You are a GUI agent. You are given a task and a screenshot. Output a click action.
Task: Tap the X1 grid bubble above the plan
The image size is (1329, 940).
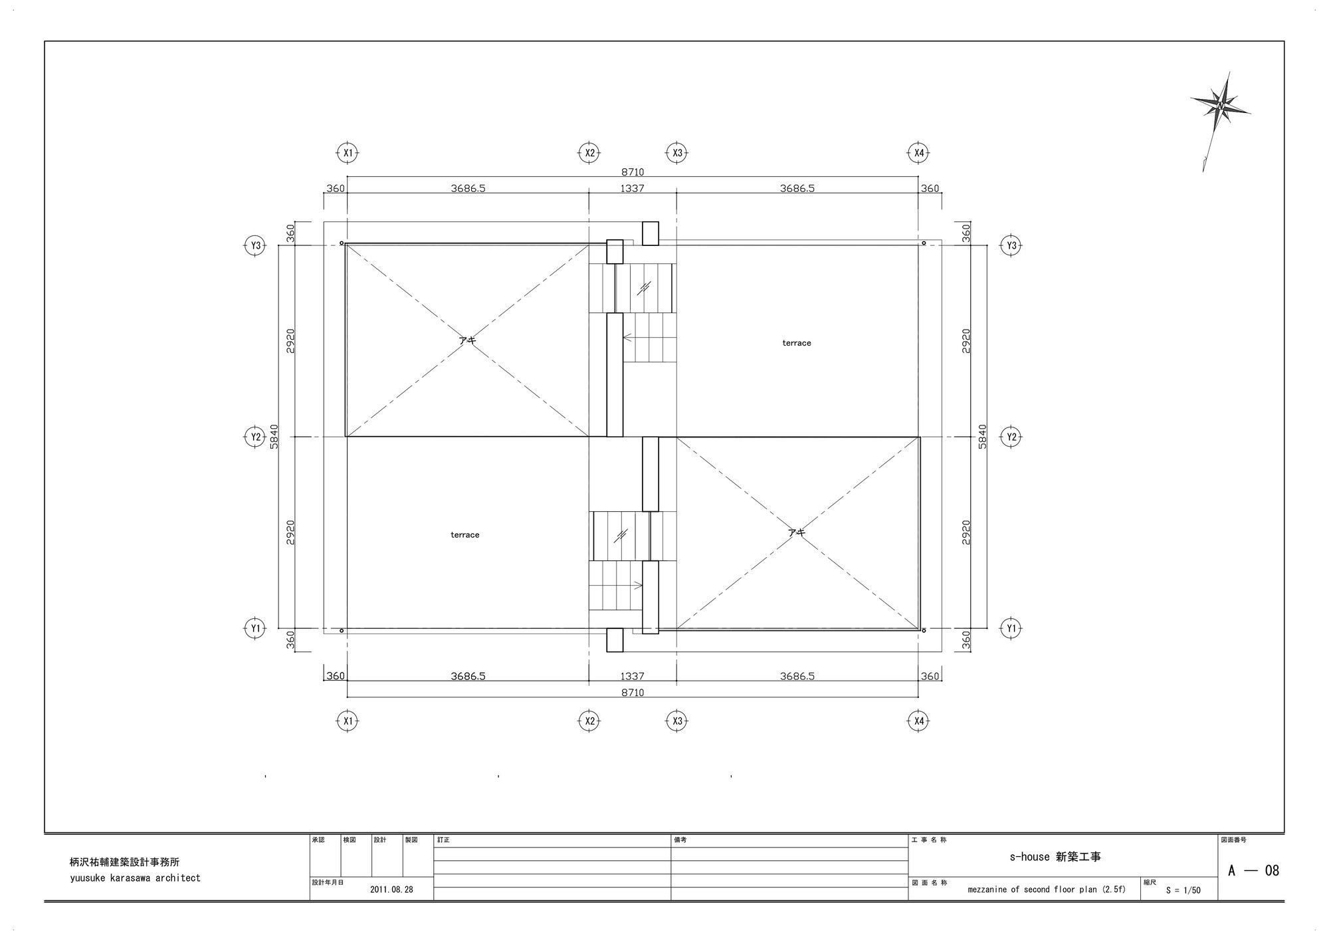pyautogui.click(x=347, y=153)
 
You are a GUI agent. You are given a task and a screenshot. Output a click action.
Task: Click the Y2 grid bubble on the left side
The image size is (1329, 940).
pyautogui.click(x=255, y=437)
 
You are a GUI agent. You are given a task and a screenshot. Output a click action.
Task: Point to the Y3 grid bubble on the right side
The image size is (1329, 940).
pyautogui.click(x=1011, y=245)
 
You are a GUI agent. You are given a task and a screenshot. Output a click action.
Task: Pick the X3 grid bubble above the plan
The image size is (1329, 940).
pyautogui.click(x=676, y=153)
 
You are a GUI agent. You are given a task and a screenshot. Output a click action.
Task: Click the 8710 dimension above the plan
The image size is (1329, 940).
pyautogui.click(x=632, y=172)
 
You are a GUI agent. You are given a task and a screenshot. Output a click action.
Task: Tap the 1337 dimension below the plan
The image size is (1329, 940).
pyautogui.click(x=632, y=676)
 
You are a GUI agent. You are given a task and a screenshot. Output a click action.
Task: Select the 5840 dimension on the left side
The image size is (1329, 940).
pyautogui.click(x=274, y=437)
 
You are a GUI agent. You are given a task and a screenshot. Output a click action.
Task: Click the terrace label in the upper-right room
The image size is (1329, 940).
pyautogui.click(x=797, y=343)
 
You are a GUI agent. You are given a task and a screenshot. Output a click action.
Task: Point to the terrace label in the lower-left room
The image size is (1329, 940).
pyautogui.click(x=465, y=534)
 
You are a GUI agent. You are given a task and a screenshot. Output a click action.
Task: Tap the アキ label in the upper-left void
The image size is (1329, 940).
pyautogui.click(x=467, y=340)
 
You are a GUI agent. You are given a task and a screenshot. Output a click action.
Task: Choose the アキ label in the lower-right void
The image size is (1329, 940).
pyautogui.click(x=797, y=532)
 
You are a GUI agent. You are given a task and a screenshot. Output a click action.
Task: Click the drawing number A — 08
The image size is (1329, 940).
pyautogui.click(x=1253, y=870)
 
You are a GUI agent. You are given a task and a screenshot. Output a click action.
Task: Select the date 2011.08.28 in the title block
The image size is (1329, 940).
pyautogui.click(x=391, y=889)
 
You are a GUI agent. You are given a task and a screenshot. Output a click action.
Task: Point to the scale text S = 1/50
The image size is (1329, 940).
pyautogui.click(x=1183, y=890)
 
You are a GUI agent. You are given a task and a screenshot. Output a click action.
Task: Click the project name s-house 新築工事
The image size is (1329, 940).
pyautogui.click(x=1055, y=857)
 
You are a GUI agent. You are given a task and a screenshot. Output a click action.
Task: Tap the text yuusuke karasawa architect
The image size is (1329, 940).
pyautogui.click(x=135, y=878)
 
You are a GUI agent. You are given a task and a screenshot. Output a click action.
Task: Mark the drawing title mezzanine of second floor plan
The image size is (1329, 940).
pyautogui.click(x=1032, y=889)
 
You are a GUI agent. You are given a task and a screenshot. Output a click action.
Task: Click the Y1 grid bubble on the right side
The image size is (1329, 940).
pyautogui.click(x=1011, y=628)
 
